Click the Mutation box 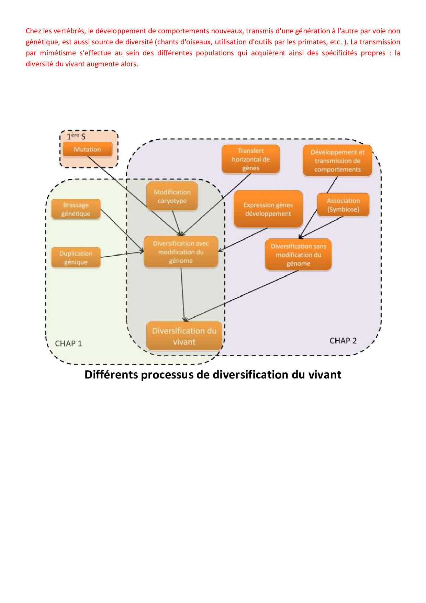coord(88,150)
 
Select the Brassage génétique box coord(76,209)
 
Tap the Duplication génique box coord(76,257)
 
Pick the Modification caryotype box coord(172,196)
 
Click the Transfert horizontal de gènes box coord(251,159)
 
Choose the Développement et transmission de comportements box coord(337,161)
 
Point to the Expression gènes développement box coord(268,209)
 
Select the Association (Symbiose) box coord(343,205)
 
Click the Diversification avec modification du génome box coord(181,252)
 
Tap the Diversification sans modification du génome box coord(298,255)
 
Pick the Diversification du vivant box coord(184,336)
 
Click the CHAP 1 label coord(69,343)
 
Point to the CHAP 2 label coord(343,341)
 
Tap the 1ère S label coord(76,136)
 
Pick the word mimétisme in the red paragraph coord(58,53)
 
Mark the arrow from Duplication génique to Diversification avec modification coord(122,254)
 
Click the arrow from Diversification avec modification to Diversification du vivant coord(183,294)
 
